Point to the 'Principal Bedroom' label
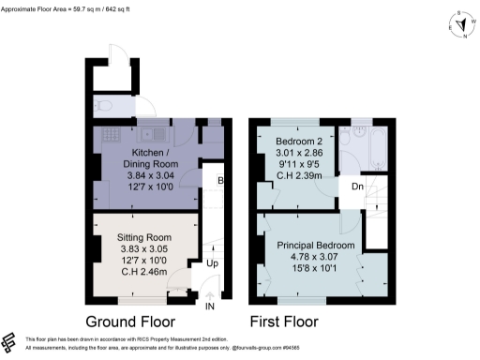click(315, 246)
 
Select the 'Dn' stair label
click(357, 187)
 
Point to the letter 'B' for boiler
click(221, 181)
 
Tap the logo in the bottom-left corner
click(10, 342)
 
